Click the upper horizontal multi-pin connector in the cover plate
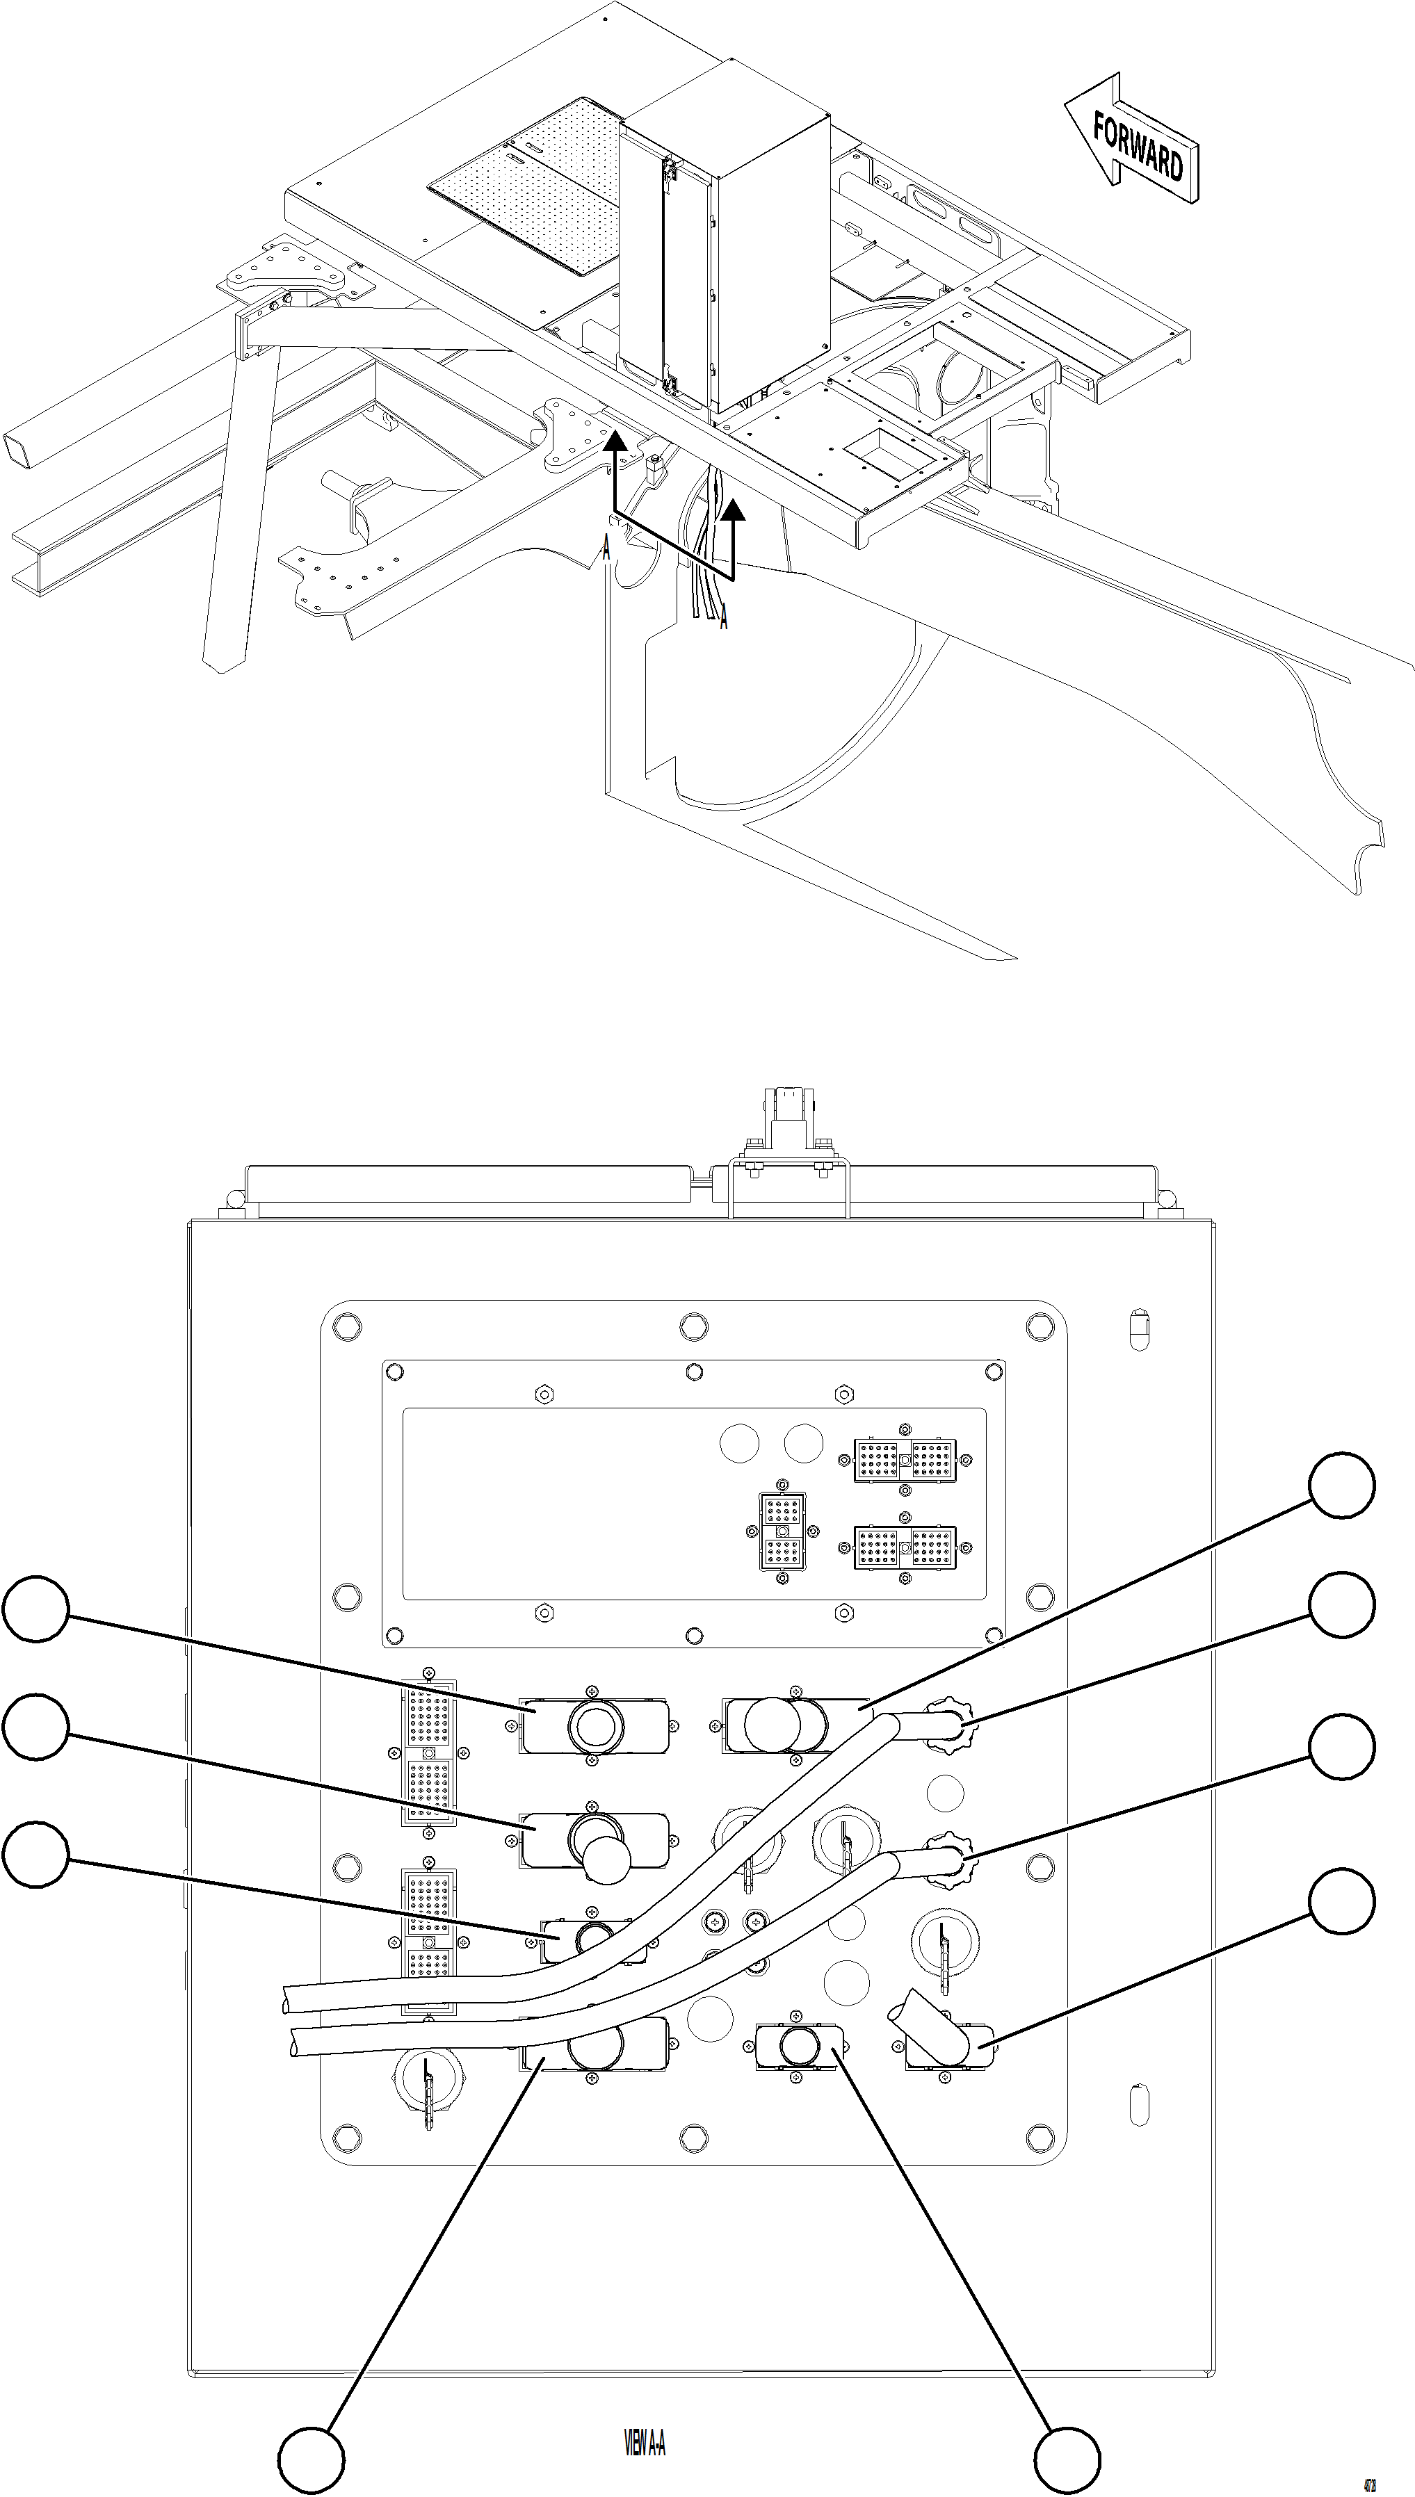click(905, 1461)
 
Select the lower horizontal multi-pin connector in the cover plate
click(905, 1547)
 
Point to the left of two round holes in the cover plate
click(738, 1445)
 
